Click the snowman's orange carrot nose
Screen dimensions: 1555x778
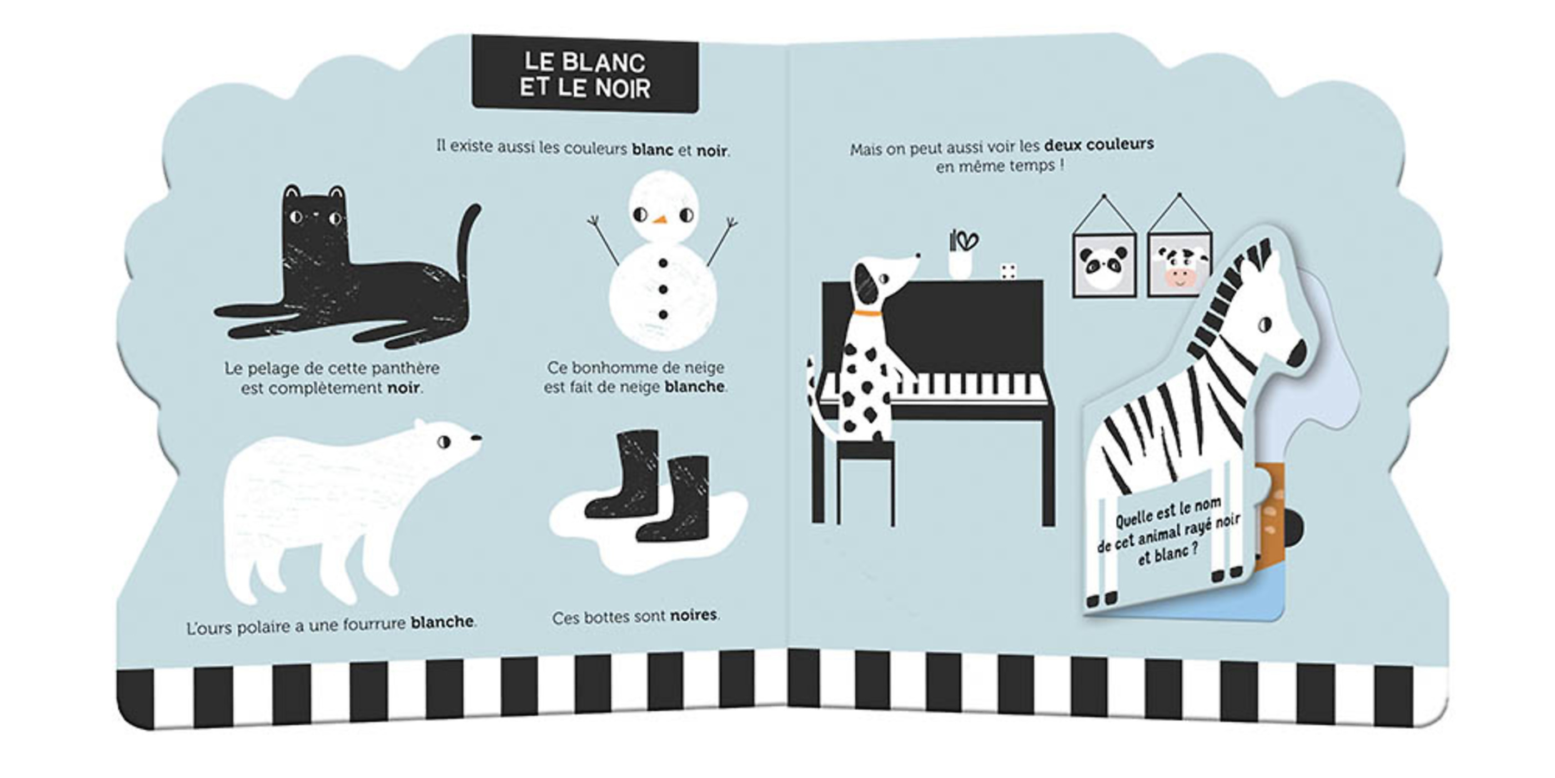coord(661,218)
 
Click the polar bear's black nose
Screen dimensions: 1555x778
coord(476,437)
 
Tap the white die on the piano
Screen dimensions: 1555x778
coord(1007,271)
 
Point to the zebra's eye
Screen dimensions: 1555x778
coord(1265,325)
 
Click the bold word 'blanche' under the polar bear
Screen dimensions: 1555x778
coord(442,622)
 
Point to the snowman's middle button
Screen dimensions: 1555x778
coord(663,290)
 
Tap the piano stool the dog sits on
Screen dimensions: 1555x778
coord(865,483)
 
